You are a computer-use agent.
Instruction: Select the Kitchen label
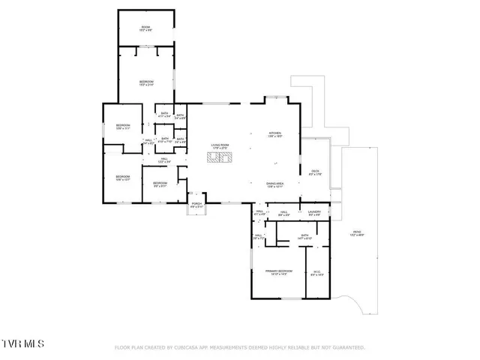pos(275,135)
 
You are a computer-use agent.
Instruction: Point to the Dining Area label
pos(274,184)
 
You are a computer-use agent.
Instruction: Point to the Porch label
pos(196,205)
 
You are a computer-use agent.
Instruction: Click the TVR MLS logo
pos(23,343)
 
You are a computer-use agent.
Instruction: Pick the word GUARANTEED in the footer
pos(348,348)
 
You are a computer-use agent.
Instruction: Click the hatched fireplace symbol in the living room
pos(220,157)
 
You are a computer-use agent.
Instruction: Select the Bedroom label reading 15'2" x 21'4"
pos(146,83)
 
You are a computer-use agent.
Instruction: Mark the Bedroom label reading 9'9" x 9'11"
pos(160,185)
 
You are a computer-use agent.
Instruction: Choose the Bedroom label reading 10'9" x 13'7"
pos(122,178)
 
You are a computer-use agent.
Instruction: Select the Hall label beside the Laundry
pos(284,214)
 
